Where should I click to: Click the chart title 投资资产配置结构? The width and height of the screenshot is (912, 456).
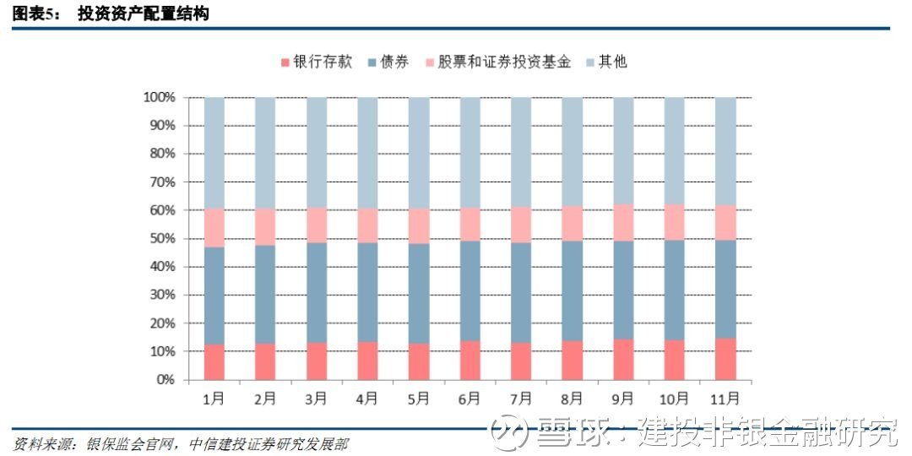point(143,14)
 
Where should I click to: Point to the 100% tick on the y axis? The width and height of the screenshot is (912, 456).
point(159,98)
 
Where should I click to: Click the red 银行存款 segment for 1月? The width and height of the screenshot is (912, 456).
point(214,362)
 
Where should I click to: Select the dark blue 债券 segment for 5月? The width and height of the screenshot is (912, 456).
point(419,294)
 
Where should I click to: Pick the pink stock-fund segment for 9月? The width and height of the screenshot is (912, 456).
point(623,222)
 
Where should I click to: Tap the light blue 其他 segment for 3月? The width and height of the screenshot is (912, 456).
point(317,152)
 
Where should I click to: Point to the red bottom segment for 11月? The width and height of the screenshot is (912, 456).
point(725,359)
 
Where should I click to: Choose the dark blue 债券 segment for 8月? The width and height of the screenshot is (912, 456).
point(573,290)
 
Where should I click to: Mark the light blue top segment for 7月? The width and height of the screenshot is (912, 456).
point(521,152)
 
